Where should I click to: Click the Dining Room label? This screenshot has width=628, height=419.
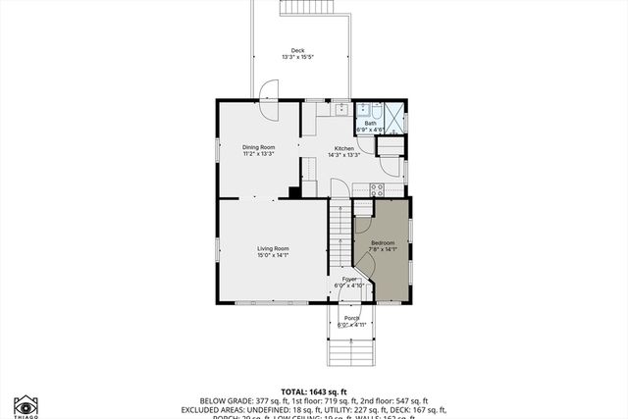(258, 146)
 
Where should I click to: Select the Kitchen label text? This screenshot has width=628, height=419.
(343, 148)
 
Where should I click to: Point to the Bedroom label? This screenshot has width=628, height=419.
(383, 242)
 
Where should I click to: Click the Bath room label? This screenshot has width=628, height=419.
(370, 123)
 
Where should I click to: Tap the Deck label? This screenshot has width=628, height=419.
(297, 51)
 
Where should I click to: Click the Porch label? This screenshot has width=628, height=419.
(351, 318)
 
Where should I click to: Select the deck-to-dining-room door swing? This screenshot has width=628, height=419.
(268, 91)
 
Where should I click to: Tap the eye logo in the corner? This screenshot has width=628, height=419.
(26, 404)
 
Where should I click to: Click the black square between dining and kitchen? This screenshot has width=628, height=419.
(293, 192)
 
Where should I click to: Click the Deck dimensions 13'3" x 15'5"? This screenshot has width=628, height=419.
(297, 58)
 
